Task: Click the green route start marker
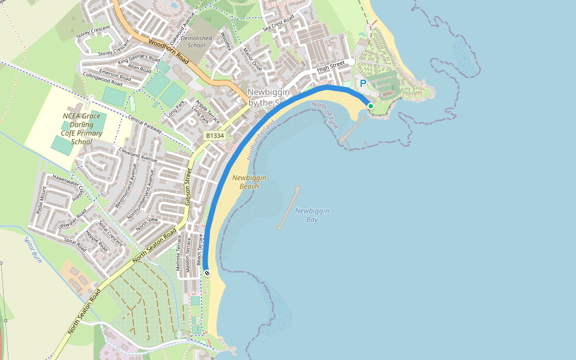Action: coord(371,106)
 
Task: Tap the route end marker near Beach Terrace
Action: coord(207,273)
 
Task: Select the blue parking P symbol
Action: coord(362,83)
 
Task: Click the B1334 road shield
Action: coord(215,136)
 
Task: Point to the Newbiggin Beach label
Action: coord(249,182)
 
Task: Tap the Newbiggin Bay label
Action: coord(311,215)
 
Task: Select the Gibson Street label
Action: coord(188,187)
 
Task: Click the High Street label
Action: coord(331,67)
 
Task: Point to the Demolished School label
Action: coord(196,41)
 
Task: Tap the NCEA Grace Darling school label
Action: coord(82,129)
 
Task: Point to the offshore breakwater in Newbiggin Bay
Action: coord(289,208)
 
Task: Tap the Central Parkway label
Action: coord(145,122)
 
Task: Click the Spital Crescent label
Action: coord(110,234)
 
